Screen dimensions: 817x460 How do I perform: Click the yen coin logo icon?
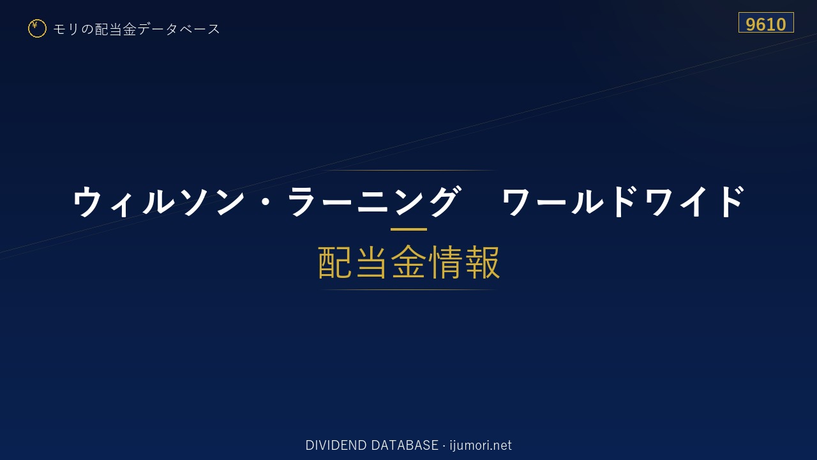(37, 29)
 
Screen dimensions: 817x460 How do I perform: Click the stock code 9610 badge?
(766, 22)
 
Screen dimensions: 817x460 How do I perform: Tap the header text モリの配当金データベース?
(137, 29)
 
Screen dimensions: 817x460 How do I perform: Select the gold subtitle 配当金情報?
(408, 262)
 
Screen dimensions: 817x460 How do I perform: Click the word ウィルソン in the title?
(159, 201)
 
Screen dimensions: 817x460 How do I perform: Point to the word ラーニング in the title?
(373, 201)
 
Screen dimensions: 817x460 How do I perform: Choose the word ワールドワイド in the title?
(623, 201)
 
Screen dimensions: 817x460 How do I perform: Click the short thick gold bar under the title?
(408, 229)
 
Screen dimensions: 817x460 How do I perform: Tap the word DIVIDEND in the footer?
(336, 445)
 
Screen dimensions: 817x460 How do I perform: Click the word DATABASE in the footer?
(405, 445)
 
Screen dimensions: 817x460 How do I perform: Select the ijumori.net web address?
(481, 445)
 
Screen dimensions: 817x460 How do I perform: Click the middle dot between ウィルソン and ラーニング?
(266, 202)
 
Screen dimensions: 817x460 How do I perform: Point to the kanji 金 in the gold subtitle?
(408, 262)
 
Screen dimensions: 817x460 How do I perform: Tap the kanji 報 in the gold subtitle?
(482, 262)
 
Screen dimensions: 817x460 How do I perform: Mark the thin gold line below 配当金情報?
(408, 289)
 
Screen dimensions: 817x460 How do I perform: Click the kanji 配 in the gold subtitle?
(335, 262)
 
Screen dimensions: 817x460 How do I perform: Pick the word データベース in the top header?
(179, 29)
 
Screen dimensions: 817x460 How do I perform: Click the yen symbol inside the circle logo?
(34, 25)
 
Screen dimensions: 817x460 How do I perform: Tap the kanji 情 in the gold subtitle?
(446, 262)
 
